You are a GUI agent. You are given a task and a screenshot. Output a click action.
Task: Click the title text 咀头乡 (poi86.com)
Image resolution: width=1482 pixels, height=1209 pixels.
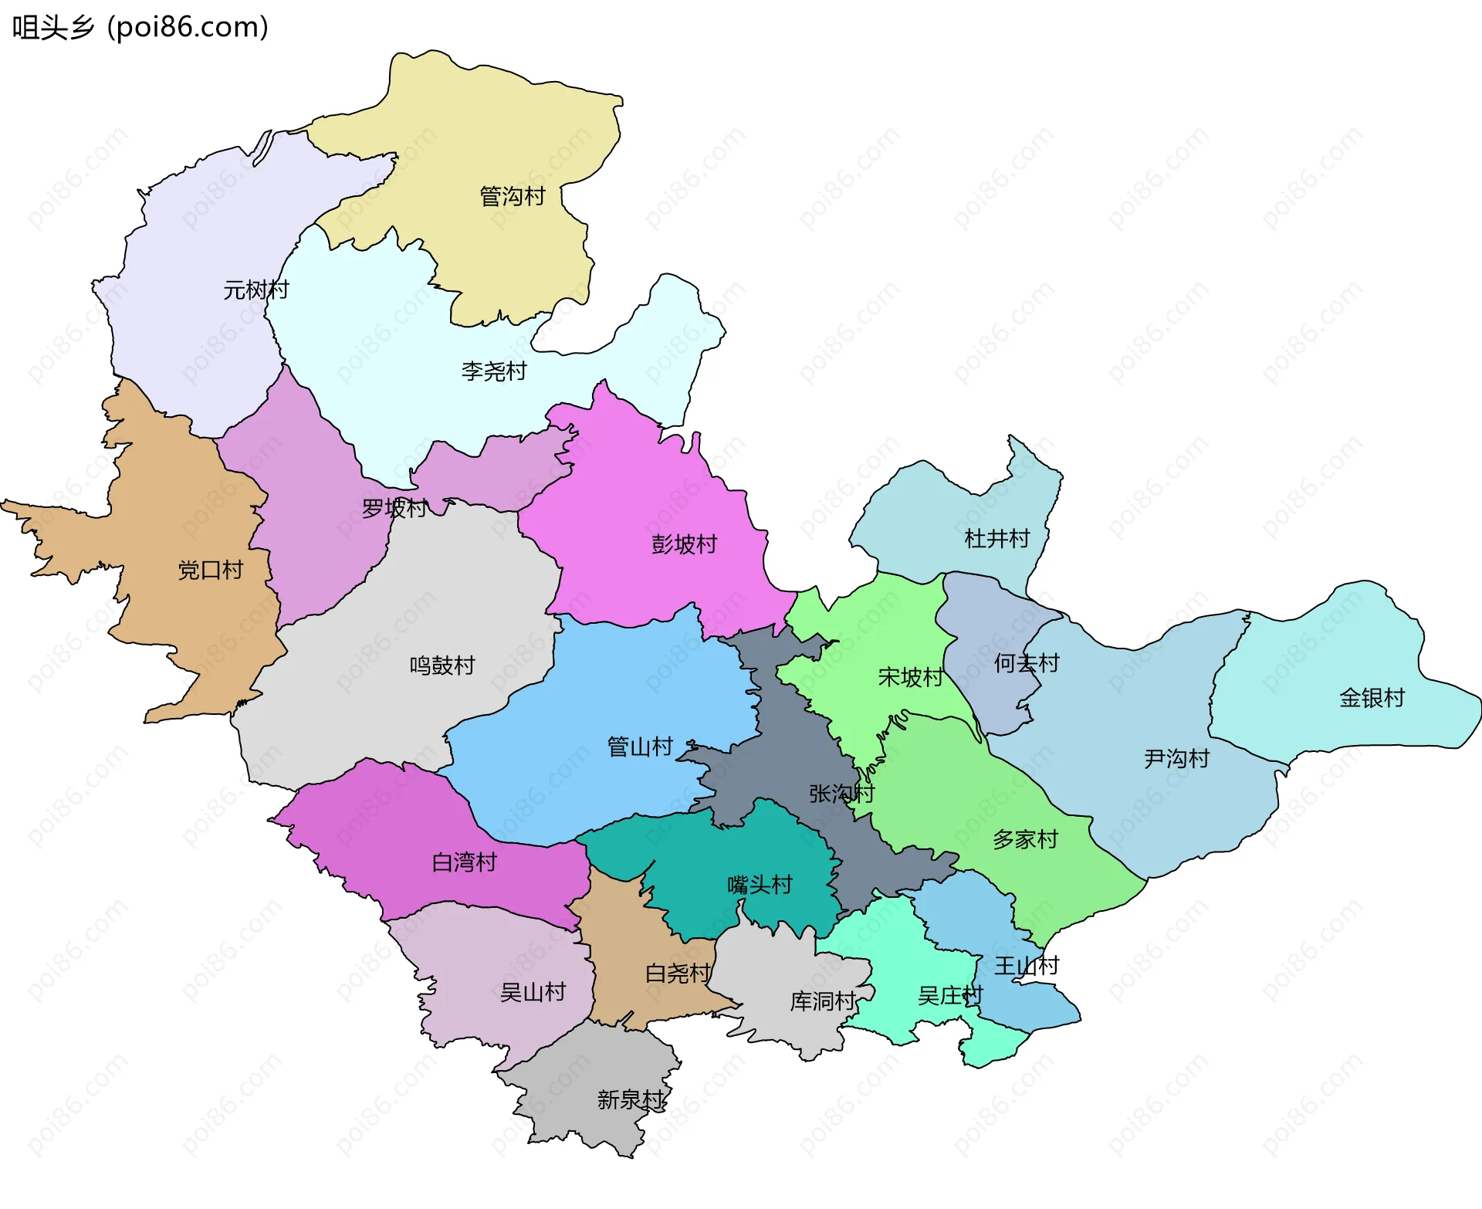[x=140, y=27]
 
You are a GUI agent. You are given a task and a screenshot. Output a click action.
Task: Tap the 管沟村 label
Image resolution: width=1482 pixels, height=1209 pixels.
[x=513, y=196]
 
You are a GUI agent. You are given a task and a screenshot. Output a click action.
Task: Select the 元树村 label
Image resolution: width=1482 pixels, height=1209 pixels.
[x=255, y=290]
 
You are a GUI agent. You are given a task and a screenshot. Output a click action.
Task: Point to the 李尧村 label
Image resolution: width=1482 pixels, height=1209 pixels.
[x=494, y=371]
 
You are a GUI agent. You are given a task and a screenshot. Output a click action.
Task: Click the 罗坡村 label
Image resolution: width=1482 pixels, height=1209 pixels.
[x=394, y=508]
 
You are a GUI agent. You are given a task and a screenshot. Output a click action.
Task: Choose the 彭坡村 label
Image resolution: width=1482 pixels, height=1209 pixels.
[x=684, y=544]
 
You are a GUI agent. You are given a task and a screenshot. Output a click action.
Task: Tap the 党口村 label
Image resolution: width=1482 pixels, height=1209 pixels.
[x=211, y=570]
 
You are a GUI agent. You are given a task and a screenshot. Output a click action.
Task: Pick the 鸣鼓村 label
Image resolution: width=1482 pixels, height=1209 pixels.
[x=442, y=665]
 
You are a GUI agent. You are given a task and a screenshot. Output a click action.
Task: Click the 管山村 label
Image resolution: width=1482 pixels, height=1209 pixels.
[x=640, y=747]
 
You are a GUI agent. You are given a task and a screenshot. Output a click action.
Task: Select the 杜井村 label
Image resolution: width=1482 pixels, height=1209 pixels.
[x=997, y=538]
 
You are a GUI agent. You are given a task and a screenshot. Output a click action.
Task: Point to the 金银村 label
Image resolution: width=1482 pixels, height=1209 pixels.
[x=1372, y=698]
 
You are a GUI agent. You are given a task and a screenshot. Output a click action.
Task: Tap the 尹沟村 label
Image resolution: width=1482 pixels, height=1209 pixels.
[x=1176, y=758]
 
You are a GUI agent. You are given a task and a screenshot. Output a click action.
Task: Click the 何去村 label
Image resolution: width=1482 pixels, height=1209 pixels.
[x=1027, y=662]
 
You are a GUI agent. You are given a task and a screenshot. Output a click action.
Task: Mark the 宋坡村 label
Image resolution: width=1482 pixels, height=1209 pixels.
[x=910, y=677]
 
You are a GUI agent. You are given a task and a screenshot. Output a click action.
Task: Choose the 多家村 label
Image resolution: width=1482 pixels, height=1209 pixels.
[x=1025, y=839]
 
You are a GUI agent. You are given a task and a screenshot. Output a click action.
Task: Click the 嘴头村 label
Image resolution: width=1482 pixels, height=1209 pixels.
[x=760, y=884]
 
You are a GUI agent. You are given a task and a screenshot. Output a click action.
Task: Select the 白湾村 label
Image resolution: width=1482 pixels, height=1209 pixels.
[x=464, y=862]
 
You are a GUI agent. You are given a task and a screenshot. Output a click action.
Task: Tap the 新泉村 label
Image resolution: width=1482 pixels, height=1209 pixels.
[x=630, y=1099]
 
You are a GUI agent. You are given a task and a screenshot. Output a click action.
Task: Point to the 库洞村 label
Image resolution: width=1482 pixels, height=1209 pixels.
[x=823, y=1001]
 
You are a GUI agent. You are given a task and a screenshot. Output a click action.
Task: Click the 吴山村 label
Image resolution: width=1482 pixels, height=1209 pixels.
[x=533, y=992]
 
